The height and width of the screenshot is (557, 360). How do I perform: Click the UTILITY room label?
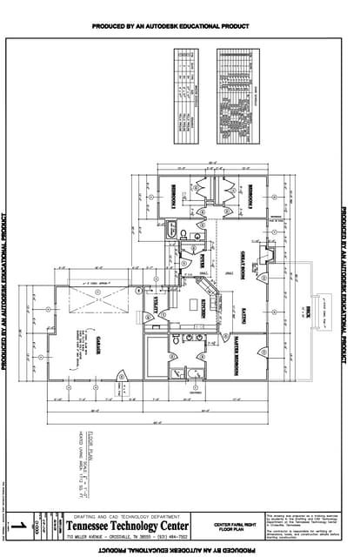click(x=157, y=304)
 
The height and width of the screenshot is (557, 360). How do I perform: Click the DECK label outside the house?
click(x=308, y=312)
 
